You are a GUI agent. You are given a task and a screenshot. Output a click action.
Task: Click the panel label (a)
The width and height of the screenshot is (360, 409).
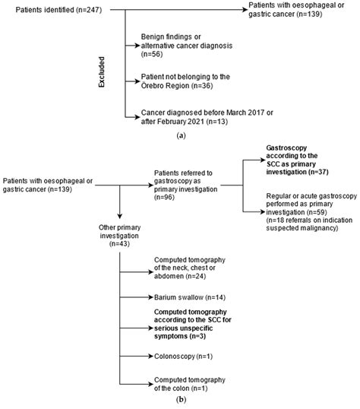tap(180, 134)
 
